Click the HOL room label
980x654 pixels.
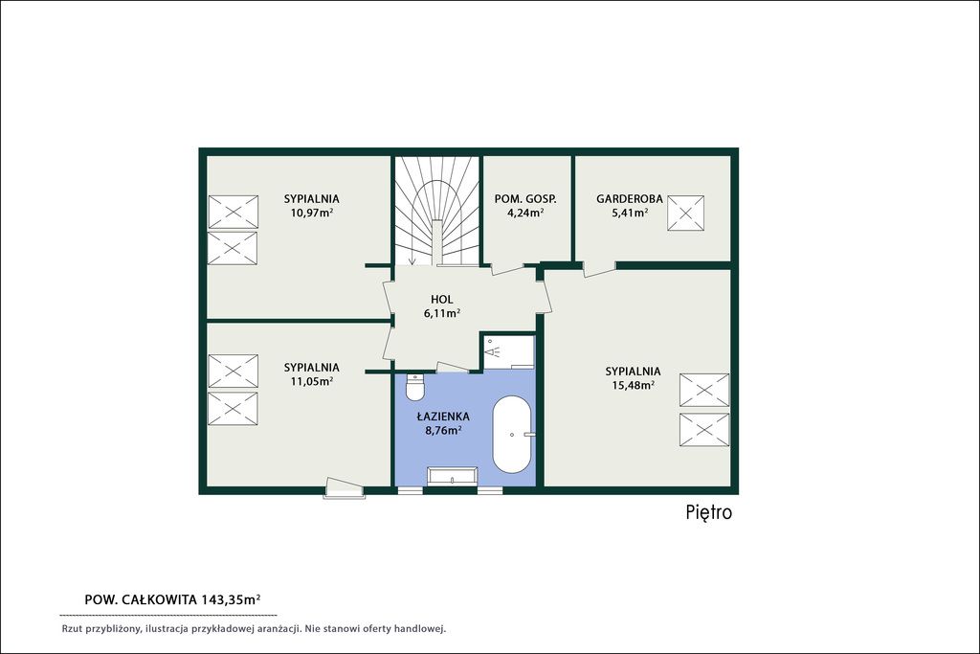442,300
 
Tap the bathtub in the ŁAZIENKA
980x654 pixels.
512,434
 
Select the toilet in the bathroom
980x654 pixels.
414,387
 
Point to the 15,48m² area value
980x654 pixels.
633,385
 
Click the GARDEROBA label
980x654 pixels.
630,199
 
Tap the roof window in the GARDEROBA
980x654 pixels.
685,213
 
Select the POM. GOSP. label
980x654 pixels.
525,199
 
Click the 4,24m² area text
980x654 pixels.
525,212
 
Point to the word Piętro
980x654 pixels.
709,512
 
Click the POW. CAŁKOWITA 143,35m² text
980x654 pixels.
172,599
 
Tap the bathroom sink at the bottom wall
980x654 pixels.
453,476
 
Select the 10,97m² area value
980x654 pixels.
311,213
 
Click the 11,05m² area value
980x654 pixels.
311,381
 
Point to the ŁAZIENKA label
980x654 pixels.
443,417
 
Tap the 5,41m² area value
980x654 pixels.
630,213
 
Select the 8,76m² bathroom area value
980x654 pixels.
443,430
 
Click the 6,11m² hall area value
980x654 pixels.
442,313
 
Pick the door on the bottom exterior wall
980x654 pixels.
344,488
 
